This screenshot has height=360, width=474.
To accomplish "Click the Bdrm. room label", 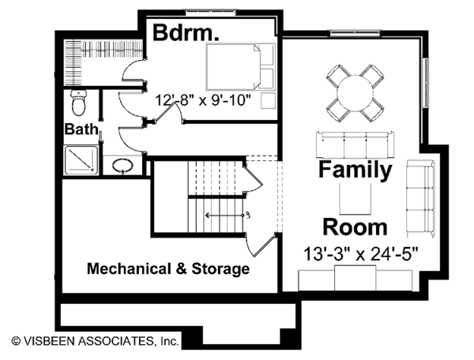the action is [x=186, y=32].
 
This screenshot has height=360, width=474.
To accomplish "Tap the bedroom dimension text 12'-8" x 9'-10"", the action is [x=203, y=100].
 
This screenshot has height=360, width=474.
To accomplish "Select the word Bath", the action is [x=81, y=129].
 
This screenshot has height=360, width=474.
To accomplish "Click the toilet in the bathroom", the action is [x=79, y=103].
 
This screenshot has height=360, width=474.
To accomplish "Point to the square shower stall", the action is [x=81, y=160].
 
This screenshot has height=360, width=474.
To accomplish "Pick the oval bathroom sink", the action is [x=122, y=165].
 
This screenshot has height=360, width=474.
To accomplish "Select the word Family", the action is [x=355, y=170].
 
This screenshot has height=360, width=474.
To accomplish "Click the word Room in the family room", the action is [x=355, y=227].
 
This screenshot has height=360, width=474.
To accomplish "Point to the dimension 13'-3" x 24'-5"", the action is [x=361, y=254].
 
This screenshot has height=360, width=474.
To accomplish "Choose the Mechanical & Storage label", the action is [x=168, y=268].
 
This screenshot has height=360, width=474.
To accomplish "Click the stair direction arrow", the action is [x=224, y=216].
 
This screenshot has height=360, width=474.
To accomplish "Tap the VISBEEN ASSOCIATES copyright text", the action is [x=96, y=341].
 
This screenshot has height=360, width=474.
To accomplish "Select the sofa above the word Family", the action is [x=355, y=144].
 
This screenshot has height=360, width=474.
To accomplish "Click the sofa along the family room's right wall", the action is [x=420, y=198].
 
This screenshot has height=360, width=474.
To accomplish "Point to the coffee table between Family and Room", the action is [x=355, y=198].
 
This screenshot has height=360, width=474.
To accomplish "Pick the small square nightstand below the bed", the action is [x=268, y=100].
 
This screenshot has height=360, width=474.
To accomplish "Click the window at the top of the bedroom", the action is [x=210, y=12].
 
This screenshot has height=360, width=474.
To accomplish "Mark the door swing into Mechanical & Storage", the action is [x=260, y=246].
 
